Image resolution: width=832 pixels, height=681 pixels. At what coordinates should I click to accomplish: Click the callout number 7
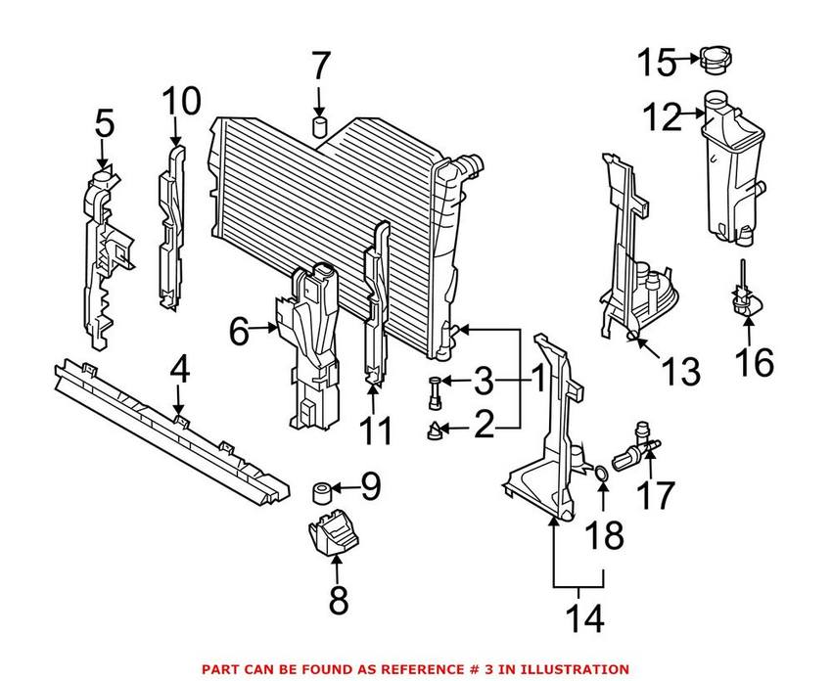tap(320, 67)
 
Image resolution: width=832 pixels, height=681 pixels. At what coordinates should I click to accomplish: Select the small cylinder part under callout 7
tap(319, 127)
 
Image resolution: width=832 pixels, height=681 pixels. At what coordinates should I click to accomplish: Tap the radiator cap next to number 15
tap(716, 59)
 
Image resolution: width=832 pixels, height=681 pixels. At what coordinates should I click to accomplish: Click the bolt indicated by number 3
tap(435, 392)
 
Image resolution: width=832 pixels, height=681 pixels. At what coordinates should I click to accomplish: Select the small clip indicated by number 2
tap(435, 431)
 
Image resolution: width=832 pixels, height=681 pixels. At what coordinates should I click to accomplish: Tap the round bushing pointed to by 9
tap(322, 492)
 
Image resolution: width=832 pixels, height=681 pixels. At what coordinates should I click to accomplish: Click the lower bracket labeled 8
tap(333, 531)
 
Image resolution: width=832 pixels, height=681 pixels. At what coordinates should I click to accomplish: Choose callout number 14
tap(584, 618)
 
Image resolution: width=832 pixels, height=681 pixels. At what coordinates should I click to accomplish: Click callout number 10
tap(181, 101)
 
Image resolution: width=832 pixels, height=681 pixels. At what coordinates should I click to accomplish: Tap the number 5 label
tap(105, 124)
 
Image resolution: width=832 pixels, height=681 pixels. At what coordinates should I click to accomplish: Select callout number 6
tap(239, 332)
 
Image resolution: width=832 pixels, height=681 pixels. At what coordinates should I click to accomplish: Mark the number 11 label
tap(375, 430)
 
